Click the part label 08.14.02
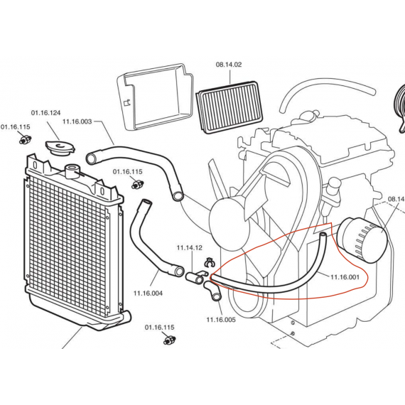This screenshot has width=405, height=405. (229, 65)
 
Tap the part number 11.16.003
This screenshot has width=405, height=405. (77, 121)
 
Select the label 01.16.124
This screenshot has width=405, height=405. (45, 113)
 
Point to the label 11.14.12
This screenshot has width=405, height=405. (189, 248)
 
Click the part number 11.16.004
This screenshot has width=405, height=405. (148, 293)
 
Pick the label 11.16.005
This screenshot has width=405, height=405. (221, 320)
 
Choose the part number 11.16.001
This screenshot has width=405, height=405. (345, 277)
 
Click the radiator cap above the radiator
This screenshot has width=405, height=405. (60, 148)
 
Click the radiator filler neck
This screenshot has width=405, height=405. (72, 171)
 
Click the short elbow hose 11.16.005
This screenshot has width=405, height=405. (212, 291)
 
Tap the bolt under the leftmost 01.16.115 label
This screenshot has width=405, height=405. (25, 140)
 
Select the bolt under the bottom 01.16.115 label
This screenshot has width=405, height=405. (170, 340)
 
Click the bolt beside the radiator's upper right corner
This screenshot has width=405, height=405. (137, 184)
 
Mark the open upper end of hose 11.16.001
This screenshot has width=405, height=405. (323, 234)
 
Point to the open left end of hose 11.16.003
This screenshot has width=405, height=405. (91, 158)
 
